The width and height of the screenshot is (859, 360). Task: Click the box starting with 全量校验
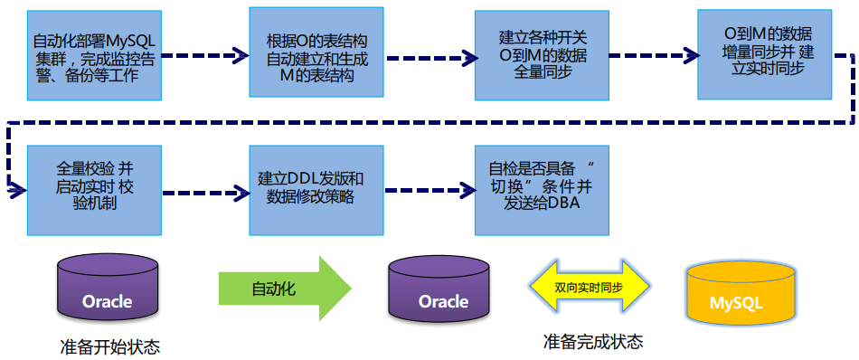pyautogui.click(x=95, y=188)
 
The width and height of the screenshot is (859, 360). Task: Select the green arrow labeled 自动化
pyautogui.click(x=284, y=289)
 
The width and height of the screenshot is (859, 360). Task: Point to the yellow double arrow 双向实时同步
pyautogui.click(x=589, y=288)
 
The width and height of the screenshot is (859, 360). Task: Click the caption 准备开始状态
pyautogui.click(x=109, y=346)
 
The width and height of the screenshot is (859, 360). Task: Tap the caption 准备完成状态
pyautogui.click(x=593, y=342)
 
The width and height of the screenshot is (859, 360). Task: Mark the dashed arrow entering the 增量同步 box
pyautogui.click(x=653, y=56)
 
